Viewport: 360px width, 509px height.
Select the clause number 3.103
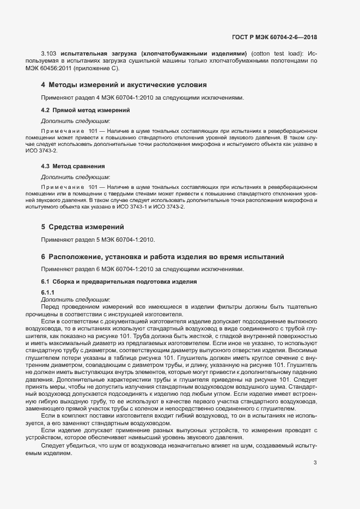click(50, 54)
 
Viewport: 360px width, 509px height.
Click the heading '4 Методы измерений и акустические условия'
click(124, 85)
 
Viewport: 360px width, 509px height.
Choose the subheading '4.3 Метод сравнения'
click(73, 166)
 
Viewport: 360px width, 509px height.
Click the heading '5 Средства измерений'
click(83, 227)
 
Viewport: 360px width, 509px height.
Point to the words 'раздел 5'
click(81, 240)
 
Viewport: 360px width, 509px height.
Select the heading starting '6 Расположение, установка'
click(159, 257)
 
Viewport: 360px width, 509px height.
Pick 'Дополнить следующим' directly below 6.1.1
click(76, 299)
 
